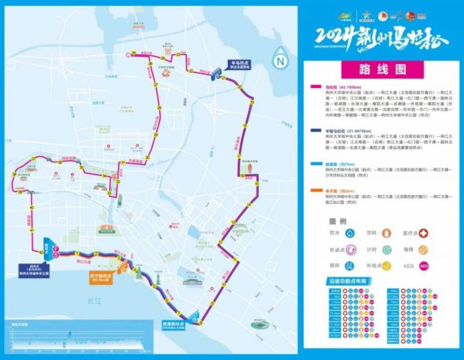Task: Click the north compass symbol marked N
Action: pos(281,59)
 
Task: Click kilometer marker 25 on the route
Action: pos(133,54)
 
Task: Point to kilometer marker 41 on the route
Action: pos(31,230)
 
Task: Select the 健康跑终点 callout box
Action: pos(173,325)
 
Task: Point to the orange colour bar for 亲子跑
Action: pos(317,190)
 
